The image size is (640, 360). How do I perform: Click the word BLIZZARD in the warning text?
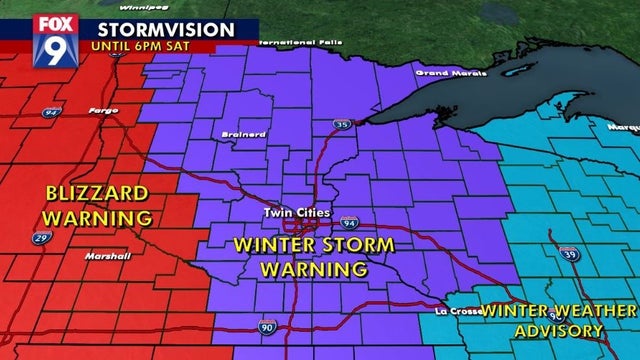coord(98,192)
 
